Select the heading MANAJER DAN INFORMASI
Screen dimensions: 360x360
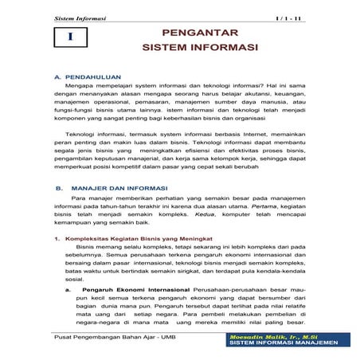[120, 189]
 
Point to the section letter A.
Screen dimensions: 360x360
[57, 78]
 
